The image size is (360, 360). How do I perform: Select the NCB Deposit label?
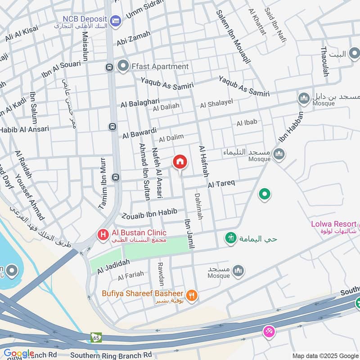[85, 19]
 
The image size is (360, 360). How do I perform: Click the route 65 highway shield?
[96, 337]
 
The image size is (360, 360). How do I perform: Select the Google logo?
[18, 354]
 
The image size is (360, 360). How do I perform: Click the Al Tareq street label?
[221, 184]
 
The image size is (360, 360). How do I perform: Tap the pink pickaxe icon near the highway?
[269, 331]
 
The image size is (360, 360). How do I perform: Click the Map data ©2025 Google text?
[325, 355]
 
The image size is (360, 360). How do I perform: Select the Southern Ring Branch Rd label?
[111, 355]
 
